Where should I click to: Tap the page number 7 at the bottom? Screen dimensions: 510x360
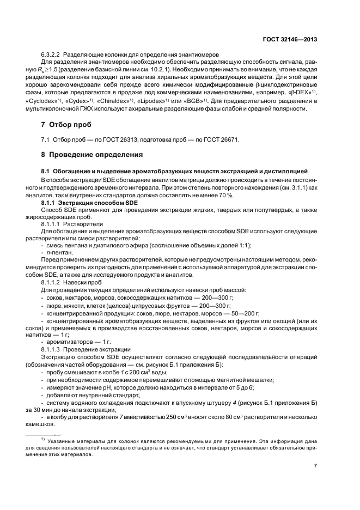pos(316,466)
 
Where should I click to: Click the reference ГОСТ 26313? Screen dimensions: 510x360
pos(119,140)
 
